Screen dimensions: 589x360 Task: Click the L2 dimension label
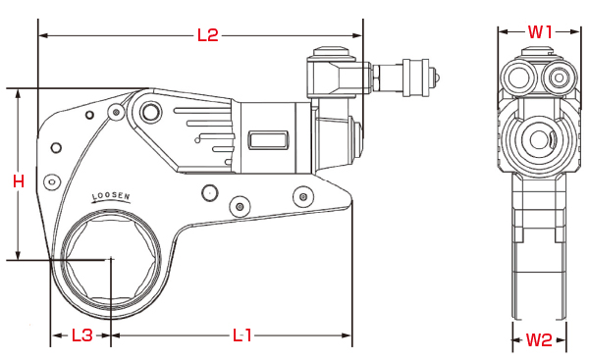208,35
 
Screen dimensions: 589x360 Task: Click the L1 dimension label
242,335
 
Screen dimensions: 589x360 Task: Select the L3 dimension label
81,335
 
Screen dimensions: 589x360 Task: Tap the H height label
19,181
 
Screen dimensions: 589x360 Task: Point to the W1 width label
540,32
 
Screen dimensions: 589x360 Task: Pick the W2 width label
539,340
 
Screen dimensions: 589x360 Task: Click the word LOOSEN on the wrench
111,196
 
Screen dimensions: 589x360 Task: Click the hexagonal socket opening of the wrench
111,260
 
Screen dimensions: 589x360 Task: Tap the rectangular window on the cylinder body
268,140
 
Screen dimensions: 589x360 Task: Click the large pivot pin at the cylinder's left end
150,112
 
